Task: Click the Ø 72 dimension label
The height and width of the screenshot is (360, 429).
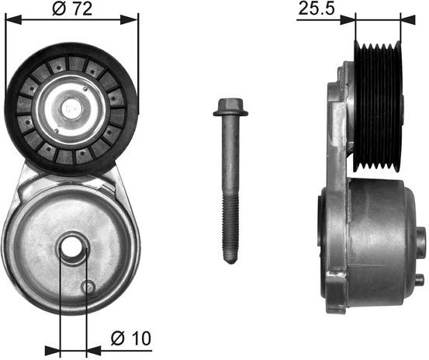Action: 72,9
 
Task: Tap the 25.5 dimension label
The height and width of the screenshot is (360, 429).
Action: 317,9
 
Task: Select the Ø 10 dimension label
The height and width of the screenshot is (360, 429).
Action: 131,338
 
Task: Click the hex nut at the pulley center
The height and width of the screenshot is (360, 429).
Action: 71,109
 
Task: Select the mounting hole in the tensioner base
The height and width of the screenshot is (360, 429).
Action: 72,247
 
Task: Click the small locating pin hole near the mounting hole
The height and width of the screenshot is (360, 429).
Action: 88,287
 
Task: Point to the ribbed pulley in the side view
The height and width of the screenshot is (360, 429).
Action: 378,107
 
